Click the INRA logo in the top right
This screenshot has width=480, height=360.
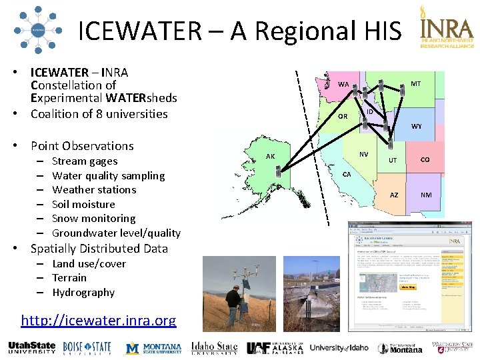446,30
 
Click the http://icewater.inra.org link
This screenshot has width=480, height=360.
99,321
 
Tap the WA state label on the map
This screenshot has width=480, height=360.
343,85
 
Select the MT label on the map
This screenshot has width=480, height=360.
415,83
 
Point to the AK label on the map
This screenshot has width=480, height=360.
270,157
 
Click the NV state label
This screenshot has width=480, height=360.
363,154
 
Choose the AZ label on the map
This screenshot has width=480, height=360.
394,195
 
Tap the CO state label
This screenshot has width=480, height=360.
425,159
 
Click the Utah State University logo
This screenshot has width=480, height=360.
32,347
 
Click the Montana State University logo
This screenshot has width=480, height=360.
154,347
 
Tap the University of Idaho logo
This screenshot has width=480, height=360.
339,347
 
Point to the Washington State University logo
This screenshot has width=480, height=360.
452,347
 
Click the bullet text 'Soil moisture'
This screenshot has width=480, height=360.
83,204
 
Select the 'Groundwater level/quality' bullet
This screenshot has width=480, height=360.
116,233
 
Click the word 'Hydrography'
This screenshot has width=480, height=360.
83,292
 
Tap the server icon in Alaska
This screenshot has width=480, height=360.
277,171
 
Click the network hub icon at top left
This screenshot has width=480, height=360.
37,30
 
